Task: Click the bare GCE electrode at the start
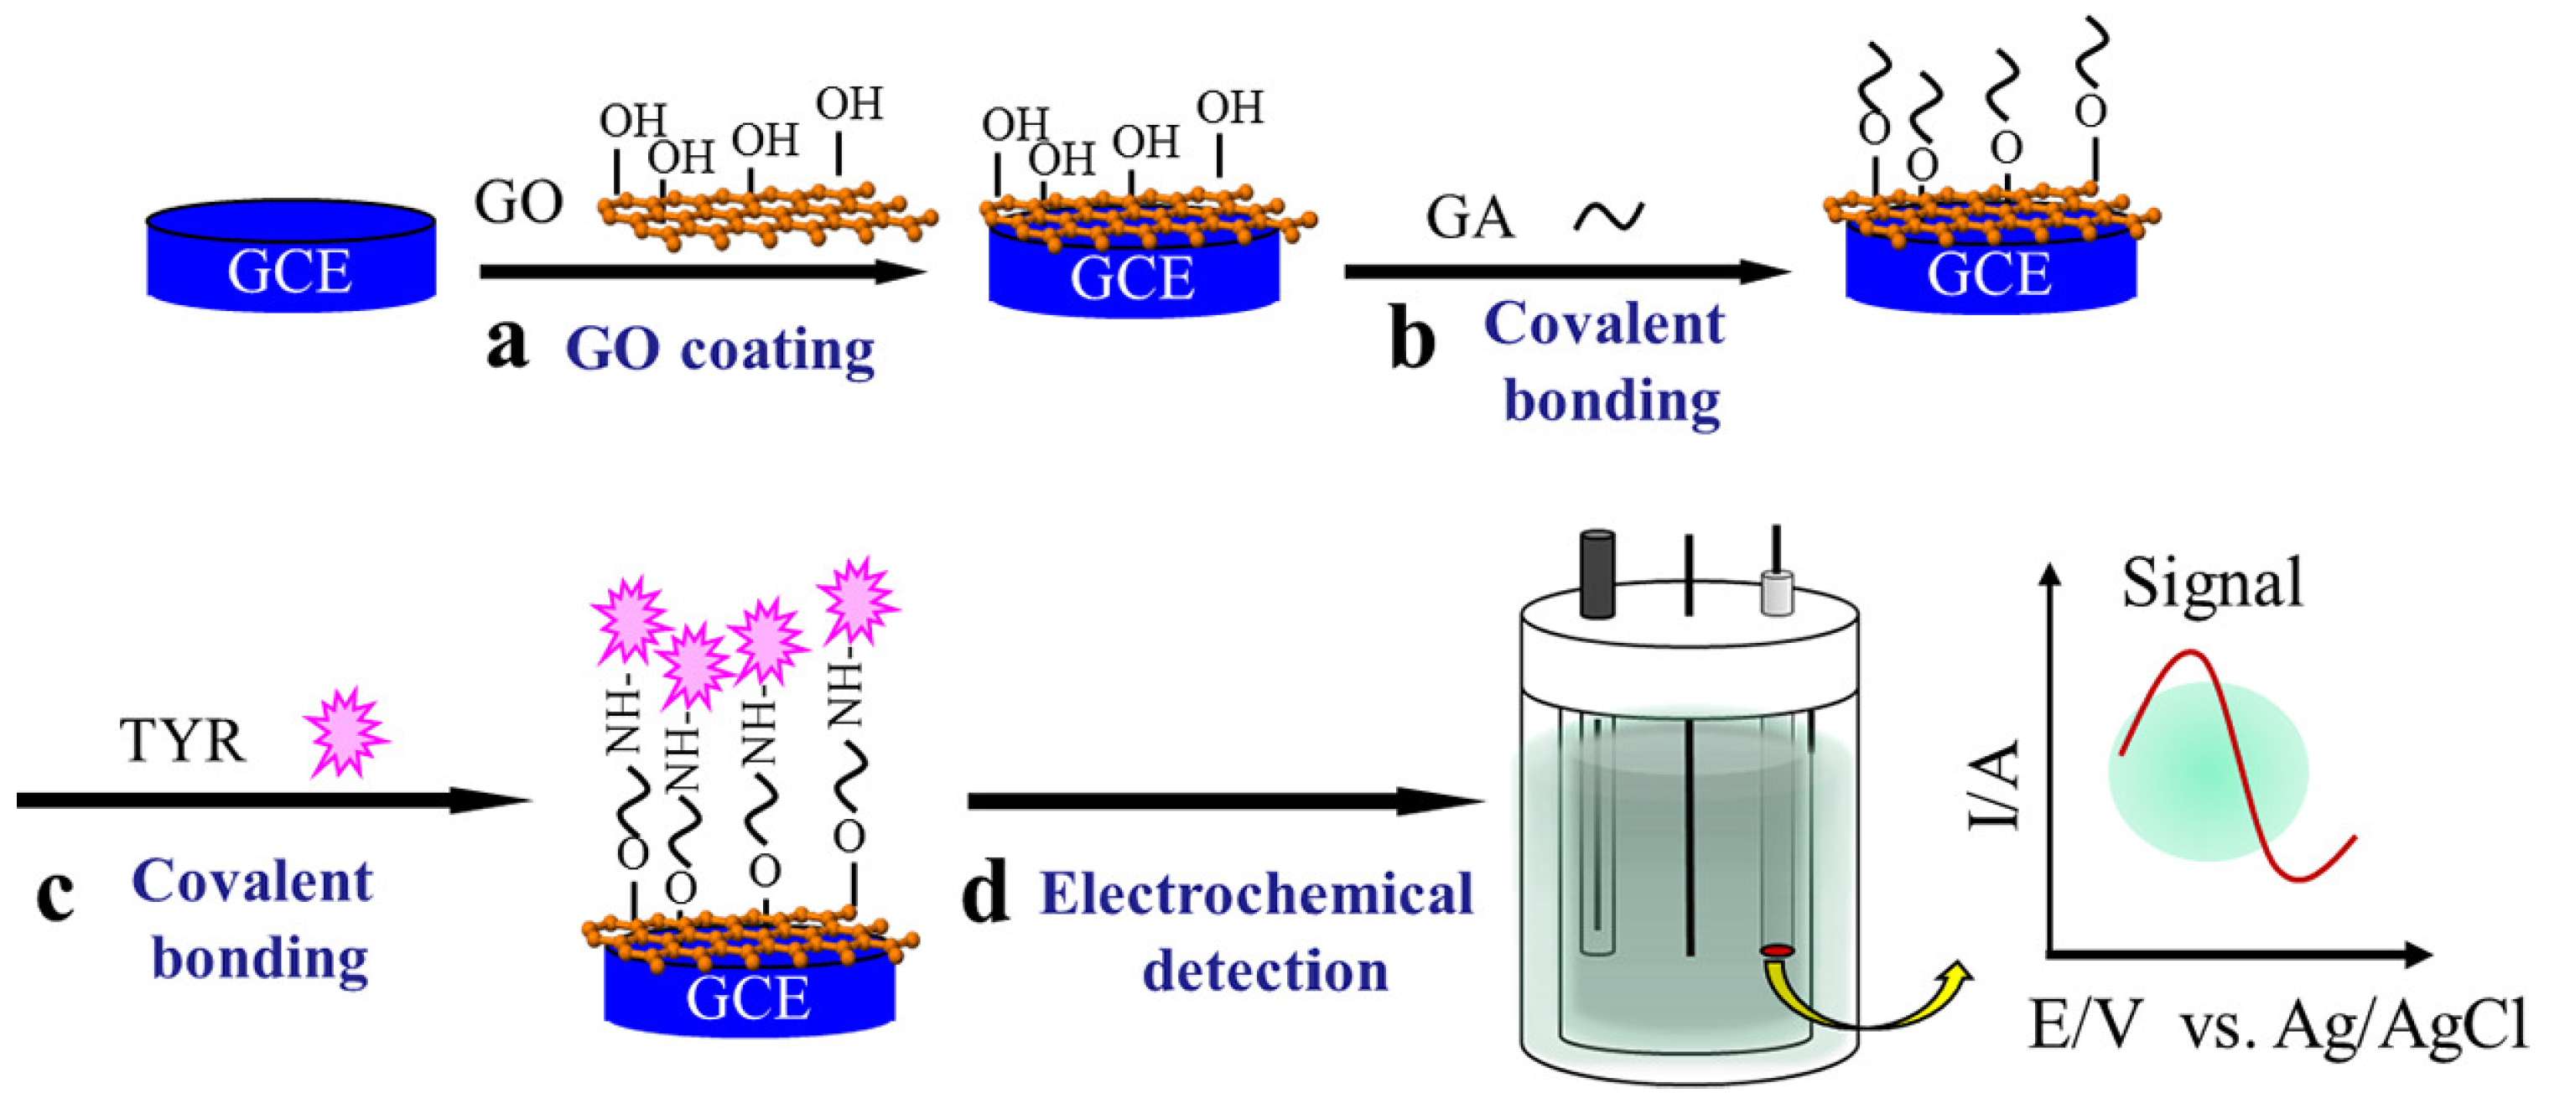point(290,256)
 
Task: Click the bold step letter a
point(506,345)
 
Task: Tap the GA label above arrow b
point(1469,217)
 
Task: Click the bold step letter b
point(1412,339)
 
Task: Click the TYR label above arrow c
point(181,742)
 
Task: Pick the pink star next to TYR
point(345,733)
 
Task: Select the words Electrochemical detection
point(1257,932)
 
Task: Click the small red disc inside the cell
point(1775,951)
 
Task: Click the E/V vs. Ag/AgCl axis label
point(2277,1025)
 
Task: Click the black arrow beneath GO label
point(701,271)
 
